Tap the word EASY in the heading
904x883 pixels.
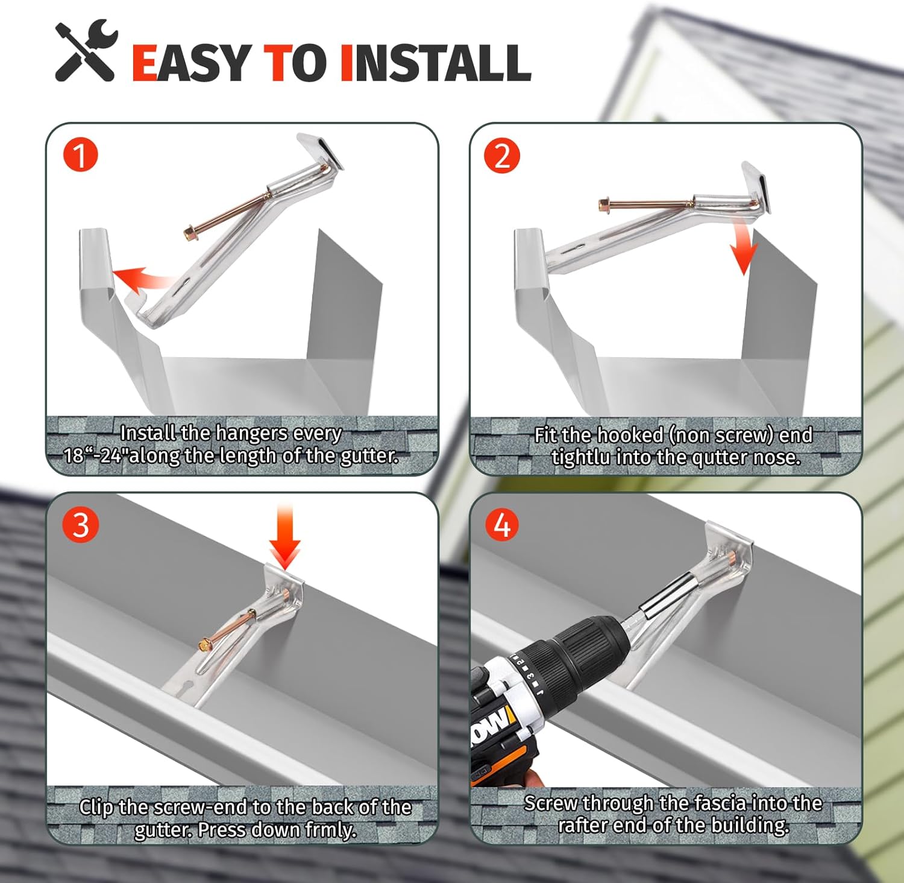pyautogui.click(x=191, y=63)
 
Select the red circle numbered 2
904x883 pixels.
pyautogui.click(x=501, y=156)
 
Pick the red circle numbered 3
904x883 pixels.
pyautogui.click(x=80, y=525)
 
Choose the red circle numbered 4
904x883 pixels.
pyautogui.click(x=501, y=525)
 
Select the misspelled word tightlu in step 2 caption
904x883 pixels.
pyautogui.click(x=580, y=458)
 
